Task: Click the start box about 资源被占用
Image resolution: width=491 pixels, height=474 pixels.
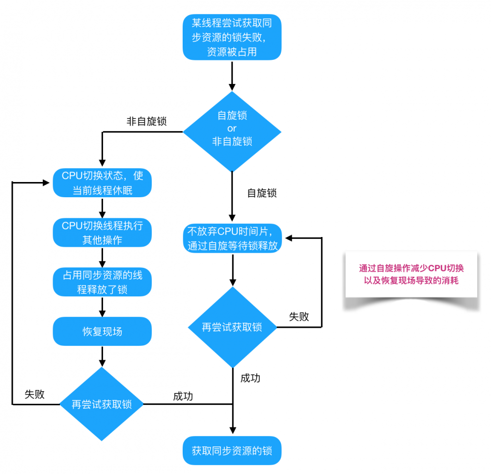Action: click(x=232, y=37)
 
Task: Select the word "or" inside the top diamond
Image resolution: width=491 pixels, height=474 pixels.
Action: click(x=232, y=129)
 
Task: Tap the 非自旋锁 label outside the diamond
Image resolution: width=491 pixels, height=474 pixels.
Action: click(x=146, y=122)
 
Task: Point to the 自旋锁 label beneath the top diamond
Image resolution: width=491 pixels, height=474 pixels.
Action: click(x=261, y=193)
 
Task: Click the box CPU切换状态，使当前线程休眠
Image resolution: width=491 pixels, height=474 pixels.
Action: click(x=102, y=183)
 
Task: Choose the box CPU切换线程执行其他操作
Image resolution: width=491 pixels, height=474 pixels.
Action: click(x=102, y=233)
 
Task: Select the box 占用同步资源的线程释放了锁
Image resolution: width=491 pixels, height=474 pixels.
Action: click(x=102, y=282)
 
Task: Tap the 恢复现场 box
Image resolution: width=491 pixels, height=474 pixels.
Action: click(x=102, y=331)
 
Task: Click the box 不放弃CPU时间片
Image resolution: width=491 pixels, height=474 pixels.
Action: click(x=232, y=238)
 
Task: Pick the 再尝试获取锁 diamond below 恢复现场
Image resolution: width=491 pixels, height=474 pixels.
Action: click(x=102, y=404)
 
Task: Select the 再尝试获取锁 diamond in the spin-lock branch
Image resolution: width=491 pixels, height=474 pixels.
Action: click(x=232, y=327)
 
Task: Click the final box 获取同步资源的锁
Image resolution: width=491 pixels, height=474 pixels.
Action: click(x=232, y=450)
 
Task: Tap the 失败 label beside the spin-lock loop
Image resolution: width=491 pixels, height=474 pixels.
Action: click(x=299, y=316)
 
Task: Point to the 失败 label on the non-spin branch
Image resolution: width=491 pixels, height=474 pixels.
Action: click(x=34, y=394)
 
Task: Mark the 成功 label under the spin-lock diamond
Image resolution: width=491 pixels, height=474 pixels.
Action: click(x=250, y=378)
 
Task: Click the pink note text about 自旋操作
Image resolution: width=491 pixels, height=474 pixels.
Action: click(x=411, y=274)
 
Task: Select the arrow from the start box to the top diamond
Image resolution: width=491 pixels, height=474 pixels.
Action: click(x=232, y=76)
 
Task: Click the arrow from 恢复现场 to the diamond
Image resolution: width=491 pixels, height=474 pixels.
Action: click(x=102, y=356)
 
